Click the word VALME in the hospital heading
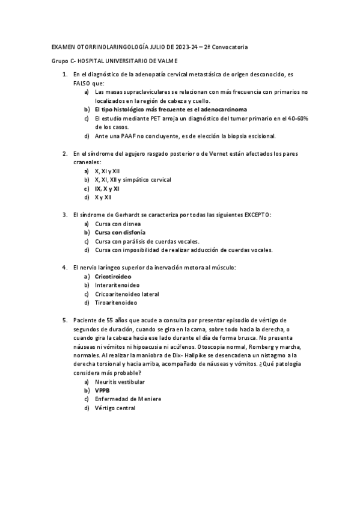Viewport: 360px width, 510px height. point(166,62)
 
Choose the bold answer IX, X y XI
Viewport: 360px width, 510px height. point(107,188)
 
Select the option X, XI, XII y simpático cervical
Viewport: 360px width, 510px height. point(133,179)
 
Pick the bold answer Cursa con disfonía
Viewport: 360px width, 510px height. point(120,232)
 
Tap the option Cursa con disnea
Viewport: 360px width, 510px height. point(118,223)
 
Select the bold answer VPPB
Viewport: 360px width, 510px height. point(102,390)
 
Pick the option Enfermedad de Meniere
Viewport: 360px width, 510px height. point(128,399)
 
